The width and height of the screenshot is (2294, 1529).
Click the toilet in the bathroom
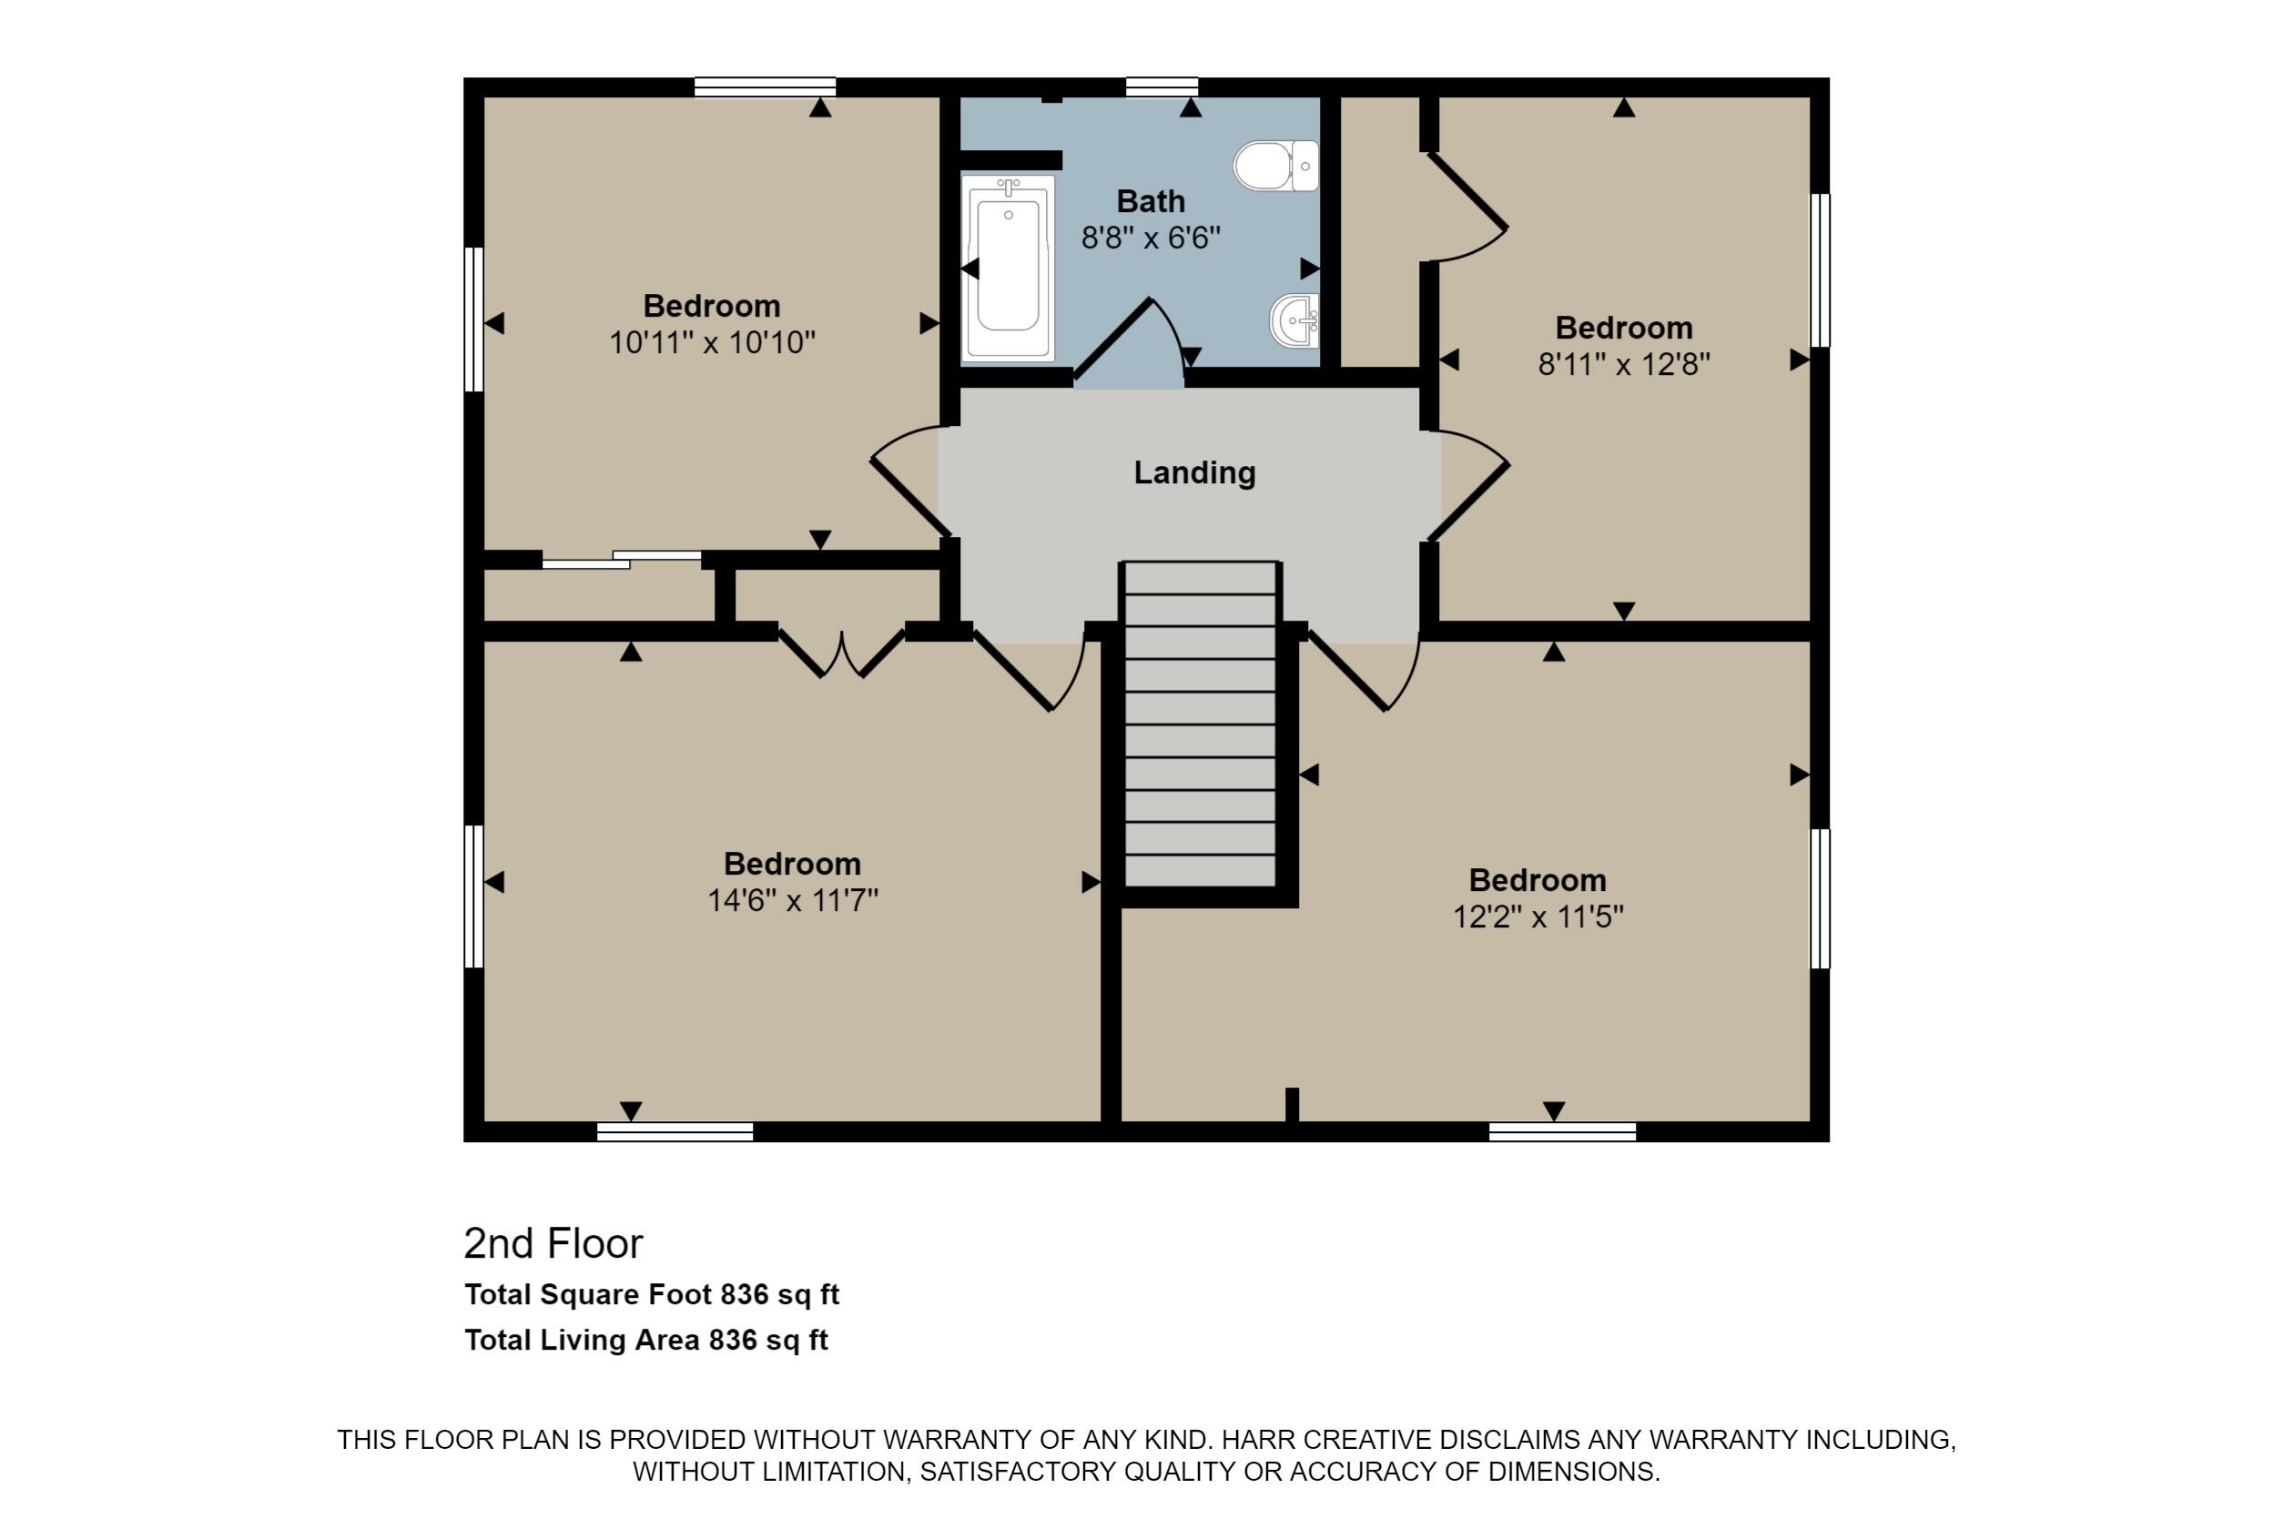1275,166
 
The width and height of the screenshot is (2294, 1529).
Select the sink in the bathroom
1294,319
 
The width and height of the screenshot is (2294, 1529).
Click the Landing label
1194,473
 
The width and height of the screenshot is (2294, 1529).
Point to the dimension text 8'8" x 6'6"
1151,238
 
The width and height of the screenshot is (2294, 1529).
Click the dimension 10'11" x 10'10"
712,343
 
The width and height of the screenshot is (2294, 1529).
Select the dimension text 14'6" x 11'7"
792,900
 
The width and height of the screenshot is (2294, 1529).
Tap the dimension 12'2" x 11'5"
1538,917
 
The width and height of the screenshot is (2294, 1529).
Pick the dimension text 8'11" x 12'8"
1624,365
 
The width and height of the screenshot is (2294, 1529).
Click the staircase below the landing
1201,724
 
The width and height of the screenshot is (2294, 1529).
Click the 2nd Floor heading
553,1243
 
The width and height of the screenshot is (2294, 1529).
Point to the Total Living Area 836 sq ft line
645,1340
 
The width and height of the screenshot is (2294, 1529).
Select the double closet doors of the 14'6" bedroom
842,653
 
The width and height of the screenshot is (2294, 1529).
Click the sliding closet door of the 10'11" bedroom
621,560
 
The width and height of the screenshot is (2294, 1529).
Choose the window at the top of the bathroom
1162,86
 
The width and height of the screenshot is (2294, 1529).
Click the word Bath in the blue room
1151,202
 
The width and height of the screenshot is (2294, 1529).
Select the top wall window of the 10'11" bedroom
765,86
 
